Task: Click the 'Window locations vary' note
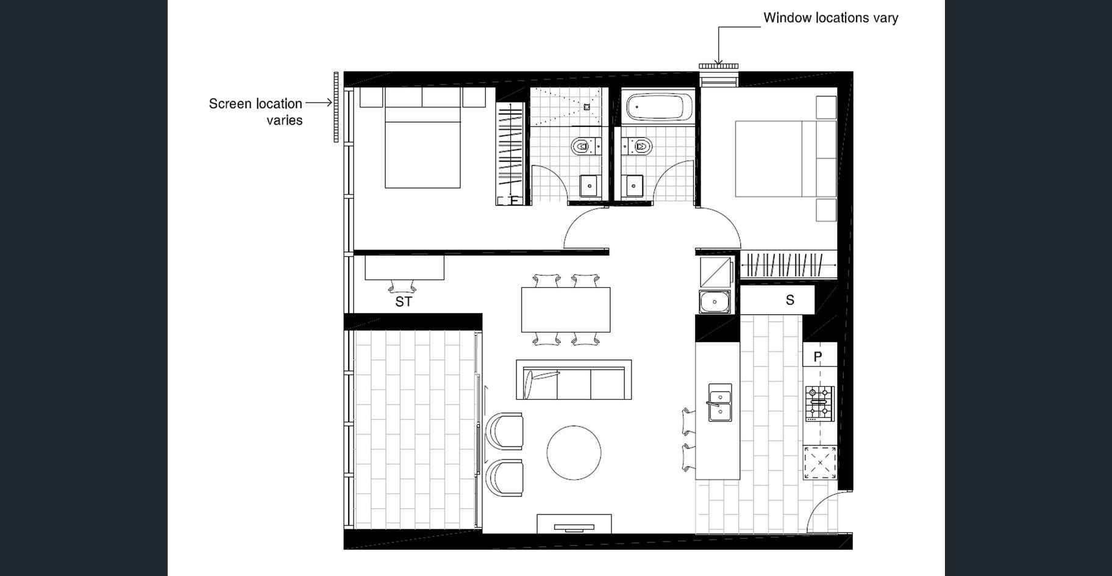[830, 18]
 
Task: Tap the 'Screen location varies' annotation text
[255, 112]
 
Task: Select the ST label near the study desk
[404, 301]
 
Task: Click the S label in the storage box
[790, 300]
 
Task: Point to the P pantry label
[818, 356]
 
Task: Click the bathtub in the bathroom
[660, 107]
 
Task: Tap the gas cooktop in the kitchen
[819, 403]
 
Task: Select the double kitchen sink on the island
[719, 403]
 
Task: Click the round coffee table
[574, 453]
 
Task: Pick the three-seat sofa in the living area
[574, 380]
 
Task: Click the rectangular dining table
[566, 309]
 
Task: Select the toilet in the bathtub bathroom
[636, 146]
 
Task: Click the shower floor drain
[586, 107]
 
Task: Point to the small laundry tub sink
[715, 302]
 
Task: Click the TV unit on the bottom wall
[574, 524]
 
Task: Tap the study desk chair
[402, 286]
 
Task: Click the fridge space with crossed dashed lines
[820, 463]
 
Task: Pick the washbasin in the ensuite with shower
[589, 185]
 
